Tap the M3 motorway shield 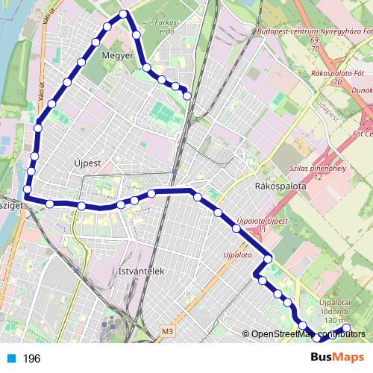pos(166,329)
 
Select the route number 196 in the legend pos(31,359)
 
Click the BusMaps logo pos(337,357)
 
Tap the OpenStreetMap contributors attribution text pos(307,334)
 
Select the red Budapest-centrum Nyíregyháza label pos(313,32)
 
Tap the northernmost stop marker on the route pos(124,13)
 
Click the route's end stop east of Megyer pos(186,95)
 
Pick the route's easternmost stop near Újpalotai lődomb pos(346,327)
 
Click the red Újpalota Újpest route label pos(261,222)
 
